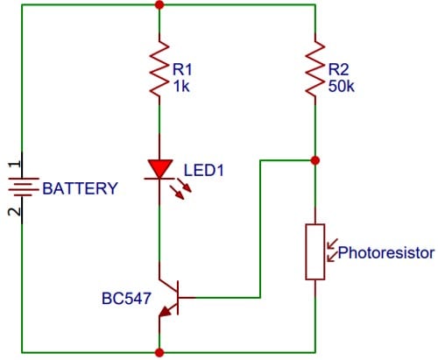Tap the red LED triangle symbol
tap(159, 168)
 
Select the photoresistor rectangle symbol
tap(315, 251)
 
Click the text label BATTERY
tap(80, 188)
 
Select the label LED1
tap(204, 170)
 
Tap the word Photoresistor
tap(386, 253)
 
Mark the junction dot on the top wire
tap(159, 4)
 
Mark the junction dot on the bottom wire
tap(159, 352)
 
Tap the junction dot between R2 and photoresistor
tap(315, 160)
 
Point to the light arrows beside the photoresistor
tap(331, 251)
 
